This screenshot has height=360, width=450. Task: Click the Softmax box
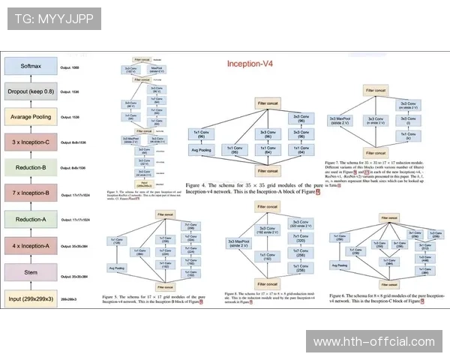click(29, 67)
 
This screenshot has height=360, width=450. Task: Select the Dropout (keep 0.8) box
click(29, 92)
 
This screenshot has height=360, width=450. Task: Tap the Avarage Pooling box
click(29, 117)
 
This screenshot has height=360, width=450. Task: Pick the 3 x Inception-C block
click(29, 142)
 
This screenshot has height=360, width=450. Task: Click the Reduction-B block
click(29, 167)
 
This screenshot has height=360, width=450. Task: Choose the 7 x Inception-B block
click(29, 193)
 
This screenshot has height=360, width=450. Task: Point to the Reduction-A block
click(29, 219)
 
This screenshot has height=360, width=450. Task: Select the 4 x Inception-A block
click(29, 245)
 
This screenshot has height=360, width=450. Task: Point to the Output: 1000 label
click(70, 68)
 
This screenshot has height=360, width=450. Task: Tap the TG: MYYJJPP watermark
click(54, 18)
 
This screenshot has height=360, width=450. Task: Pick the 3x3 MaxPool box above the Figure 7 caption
click(341, 119)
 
